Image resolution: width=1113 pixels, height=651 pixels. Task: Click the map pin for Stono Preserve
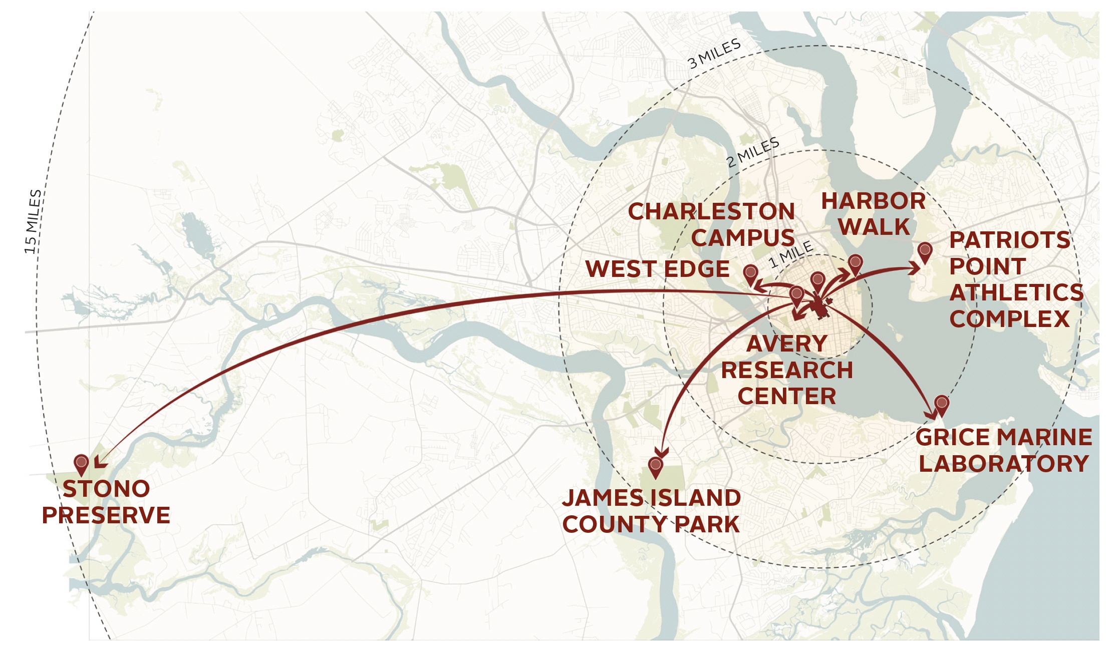click(81, 464)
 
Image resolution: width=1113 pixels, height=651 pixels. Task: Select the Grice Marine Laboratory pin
click(942, 405)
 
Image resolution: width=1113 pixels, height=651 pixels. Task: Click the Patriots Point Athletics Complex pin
click(925, 252)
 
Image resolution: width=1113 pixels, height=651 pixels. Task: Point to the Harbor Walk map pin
click(856, 264)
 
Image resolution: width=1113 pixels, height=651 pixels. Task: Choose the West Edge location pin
click(750, 274)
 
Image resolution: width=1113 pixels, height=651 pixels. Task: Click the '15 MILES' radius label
click(33, 221)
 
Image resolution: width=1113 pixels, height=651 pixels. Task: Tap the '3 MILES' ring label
click(714, 54)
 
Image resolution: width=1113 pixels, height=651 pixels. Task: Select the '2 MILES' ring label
click(753, 152)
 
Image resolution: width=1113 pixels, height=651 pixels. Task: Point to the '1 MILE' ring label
click(791, 254)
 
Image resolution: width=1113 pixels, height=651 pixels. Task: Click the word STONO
click(106, 489)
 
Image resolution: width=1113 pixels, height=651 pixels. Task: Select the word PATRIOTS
click(1009, 240)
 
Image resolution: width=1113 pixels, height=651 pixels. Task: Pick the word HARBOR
click(873, 201)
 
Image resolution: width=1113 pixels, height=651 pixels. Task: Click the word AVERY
click(786, 344)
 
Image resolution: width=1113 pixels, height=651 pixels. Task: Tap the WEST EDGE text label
click(657, 269)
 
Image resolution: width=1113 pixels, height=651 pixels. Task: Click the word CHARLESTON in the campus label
click(711, 212)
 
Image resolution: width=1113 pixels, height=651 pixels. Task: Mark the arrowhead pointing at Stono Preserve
click(100, 462)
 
